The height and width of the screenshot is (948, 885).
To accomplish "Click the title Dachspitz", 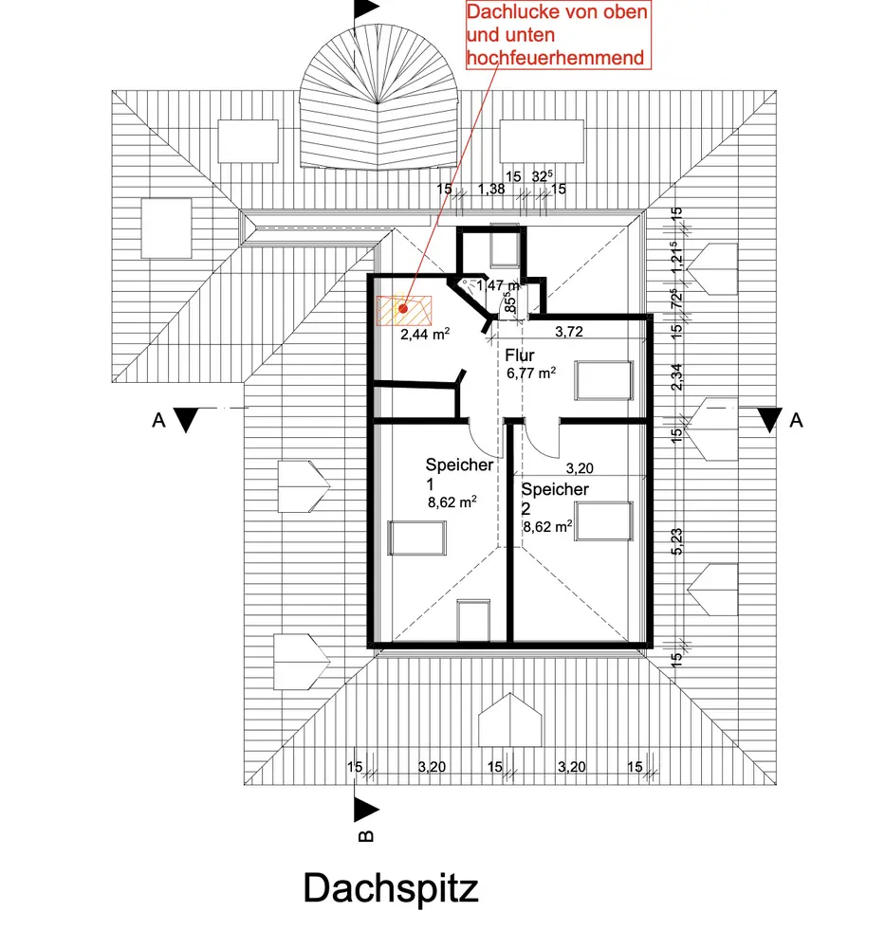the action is point(391,889).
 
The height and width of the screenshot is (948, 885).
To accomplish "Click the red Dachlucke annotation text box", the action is point(557,34).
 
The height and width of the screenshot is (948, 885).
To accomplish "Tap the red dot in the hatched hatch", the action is point(403,308).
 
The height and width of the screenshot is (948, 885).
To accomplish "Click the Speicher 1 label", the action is point(459,474).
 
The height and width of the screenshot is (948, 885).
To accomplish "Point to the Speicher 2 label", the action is point(555,498).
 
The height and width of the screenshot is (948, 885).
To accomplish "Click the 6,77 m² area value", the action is point(532,374).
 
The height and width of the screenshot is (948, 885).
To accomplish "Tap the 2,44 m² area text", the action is point(424,335).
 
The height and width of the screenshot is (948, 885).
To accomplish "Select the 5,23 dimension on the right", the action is point(676,540).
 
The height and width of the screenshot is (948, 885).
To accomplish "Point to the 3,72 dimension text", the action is point(567,332).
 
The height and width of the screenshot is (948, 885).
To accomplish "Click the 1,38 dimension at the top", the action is point(491,190).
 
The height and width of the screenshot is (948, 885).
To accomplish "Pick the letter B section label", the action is point(366,835).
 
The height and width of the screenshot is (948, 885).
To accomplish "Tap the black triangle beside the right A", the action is point(770,419).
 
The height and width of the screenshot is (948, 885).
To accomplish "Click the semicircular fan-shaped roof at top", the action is point(378,109).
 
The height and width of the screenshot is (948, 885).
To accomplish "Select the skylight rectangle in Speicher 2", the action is point(603,520).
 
